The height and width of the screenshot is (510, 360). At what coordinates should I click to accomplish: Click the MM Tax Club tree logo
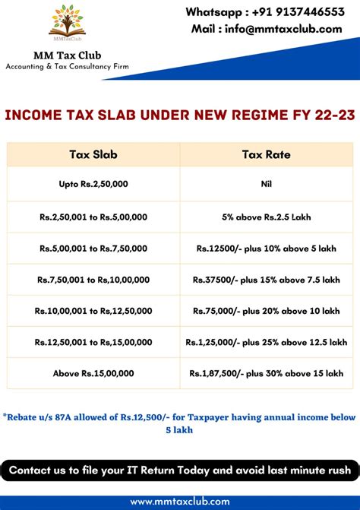(x=67, y=23)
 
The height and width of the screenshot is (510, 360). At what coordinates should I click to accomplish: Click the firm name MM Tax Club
(x=67, y=55)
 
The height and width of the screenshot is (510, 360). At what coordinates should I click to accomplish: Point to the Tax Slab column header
(x=93, y=154)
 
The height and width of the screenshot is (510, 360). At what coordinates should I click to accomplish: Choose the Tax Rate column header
(x=266, y=154)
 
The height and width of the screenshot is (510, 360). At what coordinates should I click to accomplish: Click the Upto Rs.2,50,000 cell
(x=93, y=185)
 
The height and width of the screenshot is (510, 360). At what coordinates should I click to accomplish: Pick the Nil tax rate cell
(x=266, y=185)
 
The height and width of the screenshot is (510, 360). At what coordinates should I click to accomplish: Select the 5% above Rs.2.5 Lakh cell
(x=266, y=217)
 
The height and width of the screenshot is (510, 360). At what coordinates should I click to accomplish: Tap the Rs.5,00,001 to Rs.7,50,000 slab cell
(x=93, y=248)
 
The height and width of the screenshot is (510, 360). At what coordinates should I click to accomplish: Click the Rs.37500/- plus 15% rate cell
(x=266, y=279)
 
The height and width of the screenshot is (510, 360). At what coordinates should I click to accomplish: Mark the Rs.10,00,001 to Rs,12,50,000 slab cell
(x=93, y=311)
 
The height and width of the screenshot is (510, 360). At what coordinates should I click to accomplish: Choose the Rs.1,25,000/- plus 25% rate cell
(x=266, y=342)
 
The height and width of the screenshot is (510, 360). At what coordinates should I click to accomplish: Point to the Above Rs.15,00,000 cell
(x=93, y=373)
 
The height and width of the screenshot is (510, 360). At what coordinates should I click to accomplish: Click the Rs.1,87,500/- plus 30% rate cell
(x=266, y=373)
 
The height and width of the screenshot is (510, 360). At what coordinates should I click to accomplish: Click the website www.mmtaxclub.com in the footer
(x=179, y=502)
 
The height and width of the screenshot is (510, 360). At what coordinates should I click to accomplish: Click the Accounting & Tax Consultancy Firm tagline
(x=67, y=67)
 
